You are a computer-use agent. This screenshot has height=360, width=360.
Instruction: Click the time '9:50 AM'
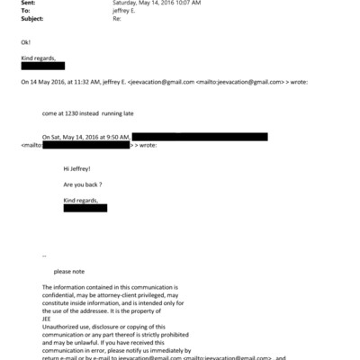click(x=112, y=137)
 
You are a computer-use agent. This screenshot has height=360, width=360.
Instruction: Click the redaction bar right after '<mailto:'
click(x=85, y=145)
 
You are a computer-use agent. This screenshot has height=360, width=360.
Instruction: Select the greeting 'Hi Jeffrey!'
click(x=78, y=168)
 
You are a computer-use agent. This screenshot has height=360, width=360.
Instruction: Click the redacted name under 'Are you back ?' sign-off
click(x=85, y=208)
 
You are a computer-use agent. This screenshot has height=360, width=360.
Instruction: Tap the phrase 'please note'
click(x=69, y=271)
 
